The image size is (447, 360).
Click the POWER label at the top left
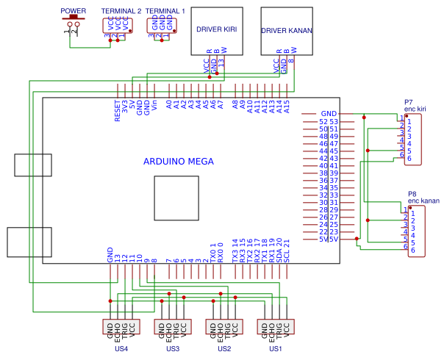pos(73,12)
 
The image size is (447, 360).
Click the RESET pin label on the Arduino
pos(118,112)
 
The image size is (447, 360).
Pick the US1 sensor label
pos(276,348)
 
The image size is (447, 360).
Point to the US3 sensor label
pos(173,348)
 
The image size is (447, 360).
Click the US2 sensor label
pos(224,348)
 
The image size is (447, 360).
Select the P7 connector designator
pos(408,102)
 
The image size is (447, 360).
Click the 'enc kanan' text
pos(423,201)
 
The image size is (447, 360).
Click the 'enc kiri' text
pos(415,109)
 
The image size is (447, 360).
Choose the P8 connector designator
pos(412,194)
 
